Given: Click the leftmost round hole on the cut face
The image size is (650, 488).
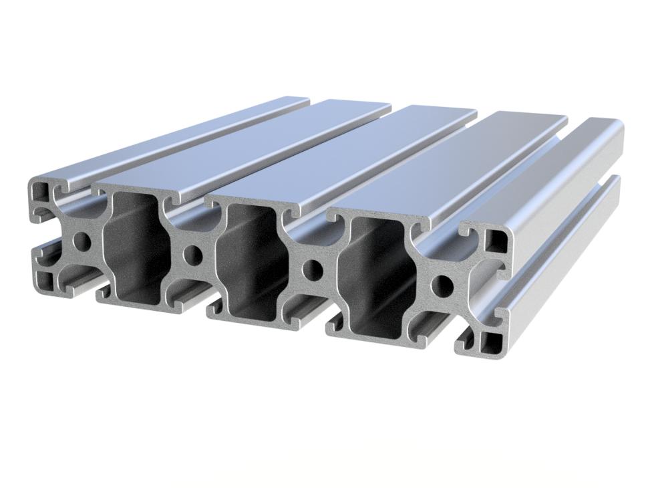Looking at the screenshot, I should point(83,241).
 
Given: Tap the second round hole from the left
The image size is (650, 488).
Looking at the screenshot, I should point(194,255).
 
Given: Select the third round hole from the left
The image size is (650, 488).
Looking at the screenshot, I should point(312,270).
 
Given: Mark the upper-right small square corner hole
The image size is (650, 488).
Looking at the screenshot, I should point(496,241).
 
